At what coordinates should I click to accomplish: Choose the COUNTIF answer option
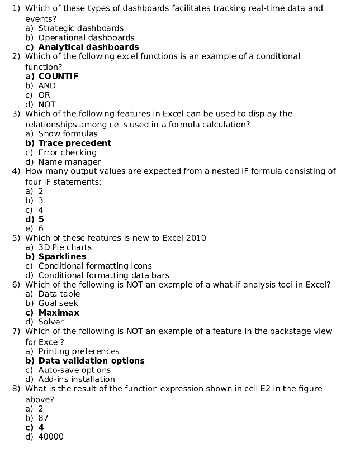point(58,76)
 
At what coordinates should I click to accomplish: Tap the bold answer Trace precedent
point(75,143)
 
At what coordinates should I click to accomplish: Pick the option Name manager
point(69,162)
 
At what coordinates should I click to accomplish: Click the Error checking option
point(67,152)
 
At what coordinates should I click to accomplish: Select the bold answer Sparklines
point(62,256)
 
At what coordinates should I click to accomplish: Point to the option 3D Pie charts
point(65,247)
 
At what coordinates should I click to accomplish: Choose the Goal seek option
point(58,303)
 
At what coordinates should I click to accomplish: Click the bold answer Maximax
point(59,313)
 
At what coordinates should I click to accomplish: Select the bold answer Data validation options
point(91,361)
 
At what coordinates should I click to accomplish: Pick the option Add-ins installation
point(77,379)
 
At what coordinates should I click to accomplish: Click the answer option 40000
point(51,437)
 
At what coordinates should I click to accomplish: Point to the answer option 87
point(44,418)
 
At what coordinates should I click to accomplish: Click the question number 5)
point(17,238)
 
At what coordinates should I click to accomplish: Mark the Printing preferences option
point(78,351)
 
